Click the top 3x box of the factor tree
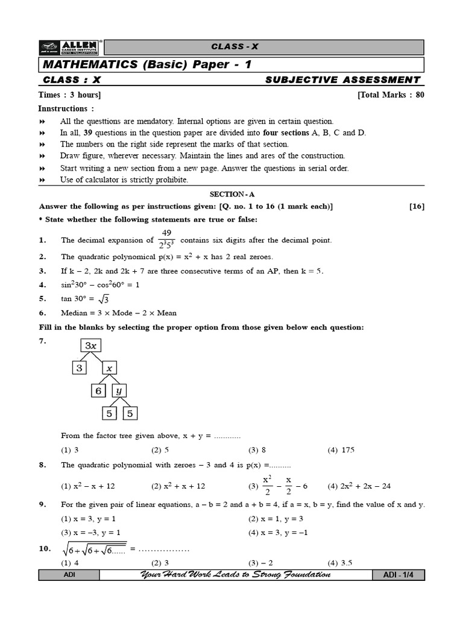tap(91, 346)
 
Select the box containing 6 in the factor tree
tap(98, 390)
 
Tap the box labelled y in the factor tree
tap(119, 390)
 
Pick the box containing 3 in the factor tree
tap(79, 368)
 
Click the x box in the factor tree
tap(109, 368)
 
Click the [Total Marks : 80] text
tap(391, 95)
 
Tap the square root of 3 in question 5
tap(103, 299)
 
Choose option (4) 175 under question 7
tap(340, 450)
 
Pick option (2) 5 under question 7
tap(160, 450)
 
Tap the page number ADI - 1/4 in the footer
tap(398, 575)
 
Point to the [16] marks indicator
tap(417, 207)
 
